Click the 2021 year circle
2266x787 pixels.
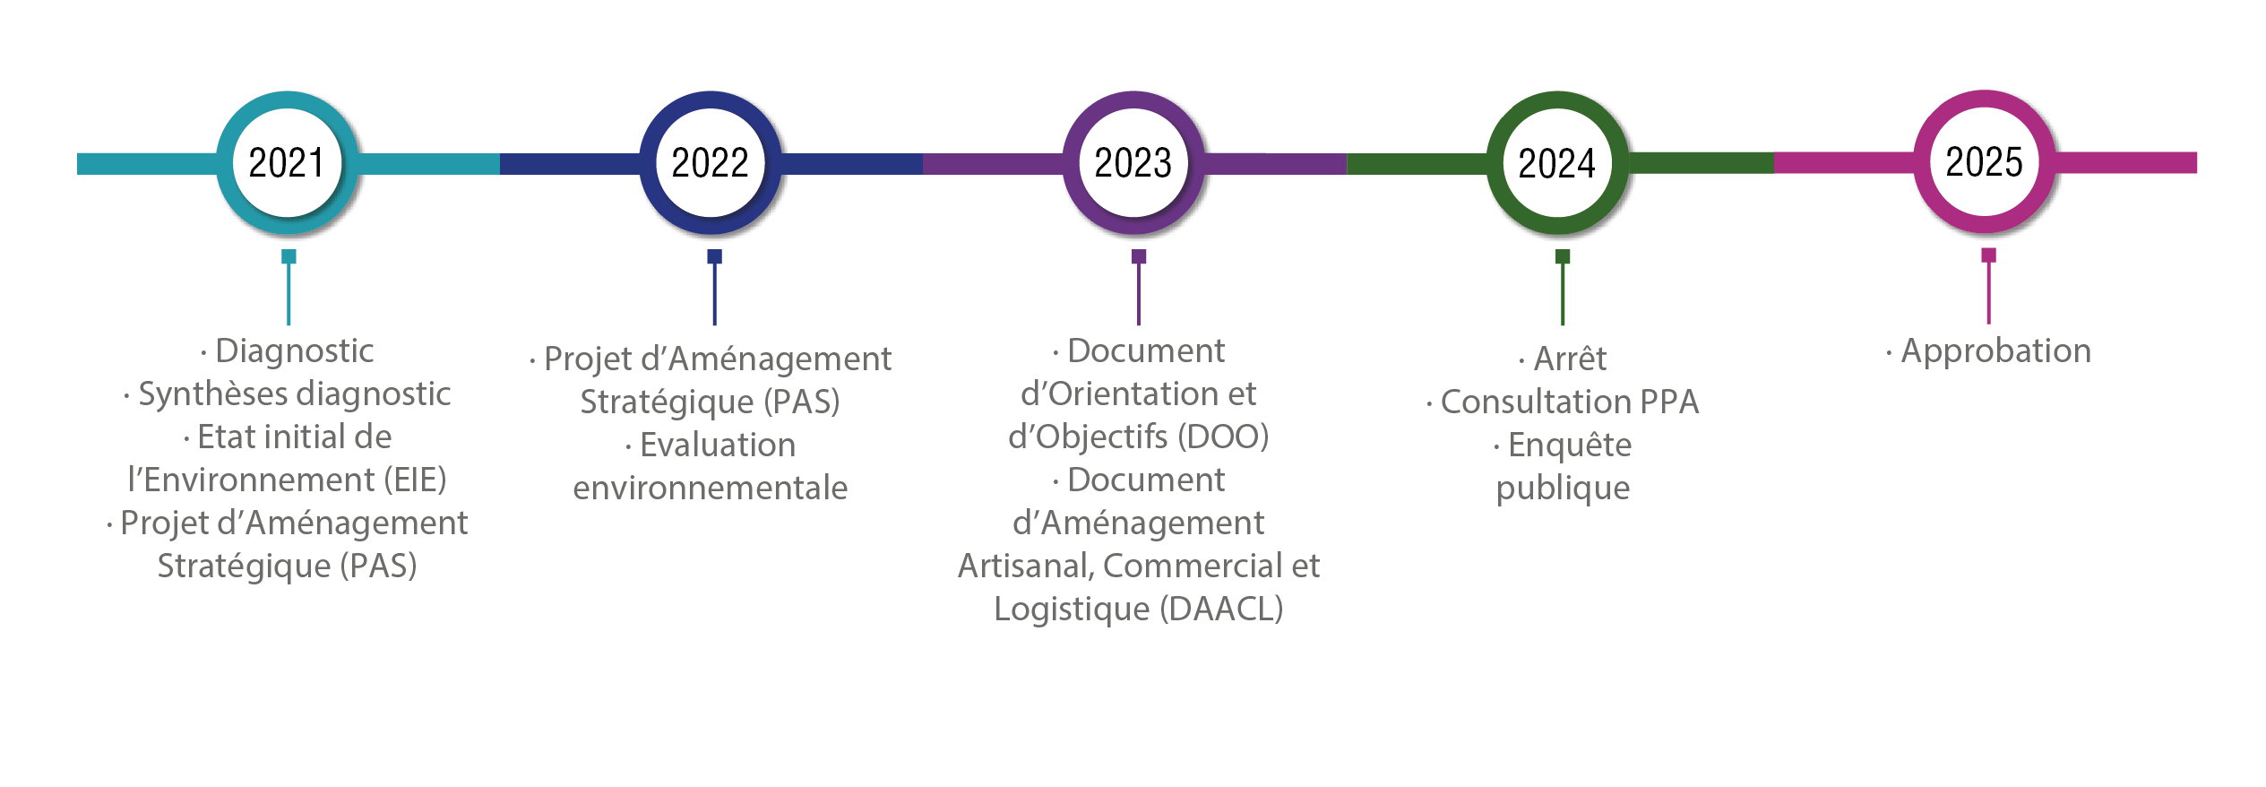[x=288, y=163]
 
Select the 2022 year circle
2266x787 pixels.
[x=711, y=163]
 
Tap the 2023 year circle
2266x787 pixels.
[x=1133, y=163]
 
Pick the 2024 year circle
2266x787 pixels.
[x=1557, y=163]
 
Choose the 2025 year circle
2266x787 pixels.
[x=1985, y=162]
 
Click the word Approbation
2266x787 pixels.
[x=1995, y=350]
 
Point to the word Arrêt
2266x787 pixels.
[x=1570, y=359]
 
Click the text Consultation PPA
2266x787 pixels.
[x=1569, y=402]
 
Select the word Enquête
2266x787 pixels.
[x=1570, y=445]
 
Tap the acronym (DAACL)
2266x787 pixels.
[x=1221, y=609]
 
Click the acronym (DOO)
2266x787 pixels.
[x=1223, y=437]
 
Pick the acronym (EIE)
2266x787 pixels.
[x=415, y=480]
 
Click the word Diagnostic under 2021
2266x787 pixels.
[x=295, y=350]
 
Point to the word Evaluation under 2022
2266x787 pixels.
[x=718, y=445]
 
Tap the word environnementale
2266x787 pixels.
[x=711, y=488]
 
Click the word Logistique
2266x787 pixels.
[x=1072, y=609]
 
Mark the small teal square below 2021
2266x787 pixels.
[x=289, y=256]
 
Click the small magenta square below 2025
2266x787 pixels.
[x=1988, y=255]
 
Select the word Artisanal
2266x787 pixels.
[x=1025, y=566]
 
